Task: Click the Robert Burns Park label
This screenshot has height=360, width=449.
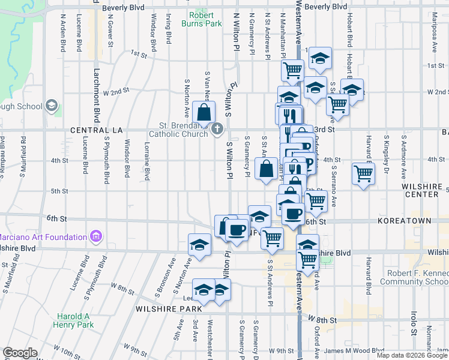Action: click(206, 19)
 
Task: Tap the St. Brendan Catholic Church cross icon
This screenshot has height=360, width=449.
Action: click(217, 128)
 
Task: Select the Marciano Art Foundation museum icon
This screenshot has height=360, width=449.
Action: click(95, 236)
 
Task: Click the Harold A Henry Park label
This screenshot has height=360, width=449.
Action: click(76, 320)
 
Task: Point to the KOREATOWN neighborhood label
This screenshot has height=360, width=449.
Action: click(404, 221)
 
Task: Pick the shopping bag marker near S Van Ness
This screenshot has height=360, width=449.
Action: click(204, 112)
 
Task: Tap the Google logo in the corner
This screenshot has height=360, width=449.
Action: click(20, 353)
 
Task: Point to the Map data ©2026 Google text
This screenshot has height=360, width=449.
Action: click(412, 355)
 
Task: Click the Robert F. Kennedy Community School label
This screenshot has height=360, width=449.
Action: click(414, 277)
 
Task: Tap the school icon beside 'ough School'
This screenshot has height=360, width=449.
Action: click(52, 106)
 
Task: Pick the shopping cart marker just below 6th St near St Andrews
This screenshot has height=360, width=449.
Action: click(273, 238)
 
